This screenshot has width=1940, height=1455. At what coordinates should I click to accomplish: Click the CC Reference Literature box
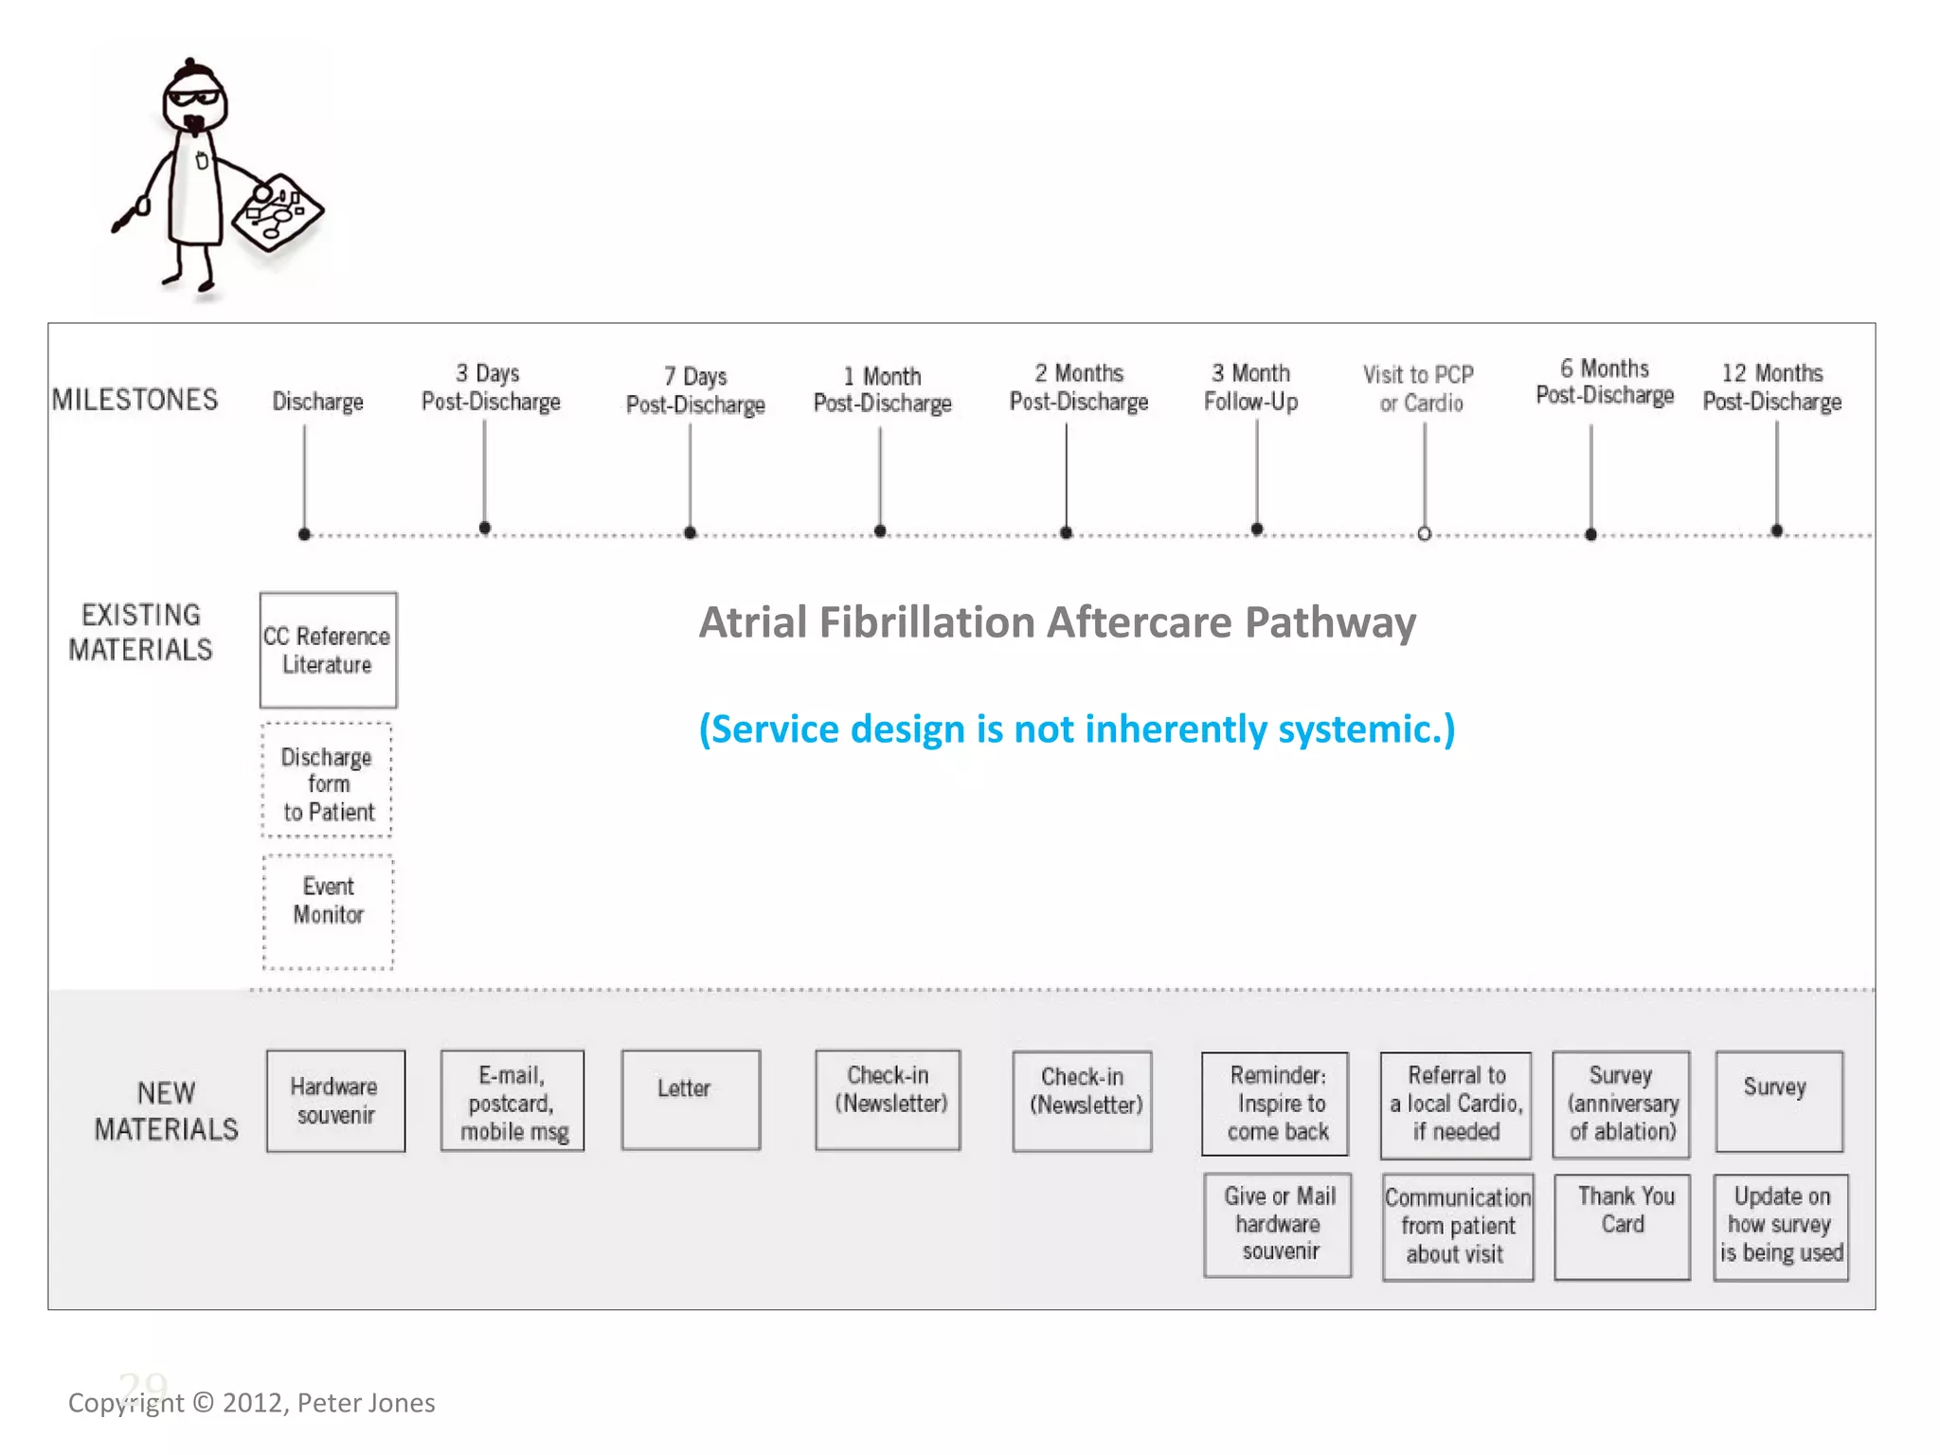click(x=328, y=650)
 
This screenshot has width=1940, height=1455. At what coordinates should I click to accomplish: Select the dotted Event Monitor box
click(x=328, y=911)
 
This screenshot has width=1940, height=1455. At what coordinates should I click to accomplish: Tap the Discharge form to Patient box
click(x=328, y=781)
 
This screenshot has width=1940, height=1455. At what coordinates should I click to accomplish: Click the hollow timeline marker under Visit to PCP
click(x=1424, y=534)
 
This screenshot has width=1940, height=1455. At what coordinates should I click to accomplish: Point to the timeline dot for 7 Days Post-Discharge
click(x=691, y=533)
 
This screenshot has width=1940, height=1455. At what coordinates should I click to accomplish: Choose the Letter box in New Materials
click(x=691, y=1100)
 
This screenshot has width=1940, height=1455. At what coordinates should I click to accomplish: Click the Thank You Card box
click(x=1623, y=1227)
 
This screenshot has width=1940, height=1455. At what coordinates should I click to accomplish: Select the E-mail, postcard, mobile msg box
click(x=512, y=1102)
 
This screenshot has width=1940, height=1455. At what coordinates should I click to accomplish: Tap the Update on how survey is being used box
click(x=1781, y=1227)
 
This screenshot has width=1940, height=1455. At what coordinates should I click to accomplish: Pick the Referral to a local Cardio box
click(x=1456, y=1105)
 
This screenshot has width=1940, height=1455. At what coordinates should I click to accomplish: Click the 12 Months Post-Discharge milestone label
click(x=1771, y=387)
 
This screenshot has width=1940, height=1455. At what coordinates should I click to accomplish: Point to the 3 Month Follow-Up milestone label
click(x=1250, y=387)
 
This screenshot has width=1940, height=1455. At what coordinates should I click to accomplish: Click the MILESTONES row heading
click(x=135, y=400)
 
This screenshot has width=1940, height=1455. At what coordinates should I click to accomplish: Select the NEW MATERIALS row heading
click(x=166, y=1111)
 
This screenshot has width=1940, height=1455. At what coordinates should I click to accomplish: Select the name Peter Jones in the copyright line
click(x=367, y=1403)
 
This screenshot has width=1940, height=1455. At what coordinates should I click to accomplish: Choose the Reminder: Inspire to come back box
click(x=1276, y=1104)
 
